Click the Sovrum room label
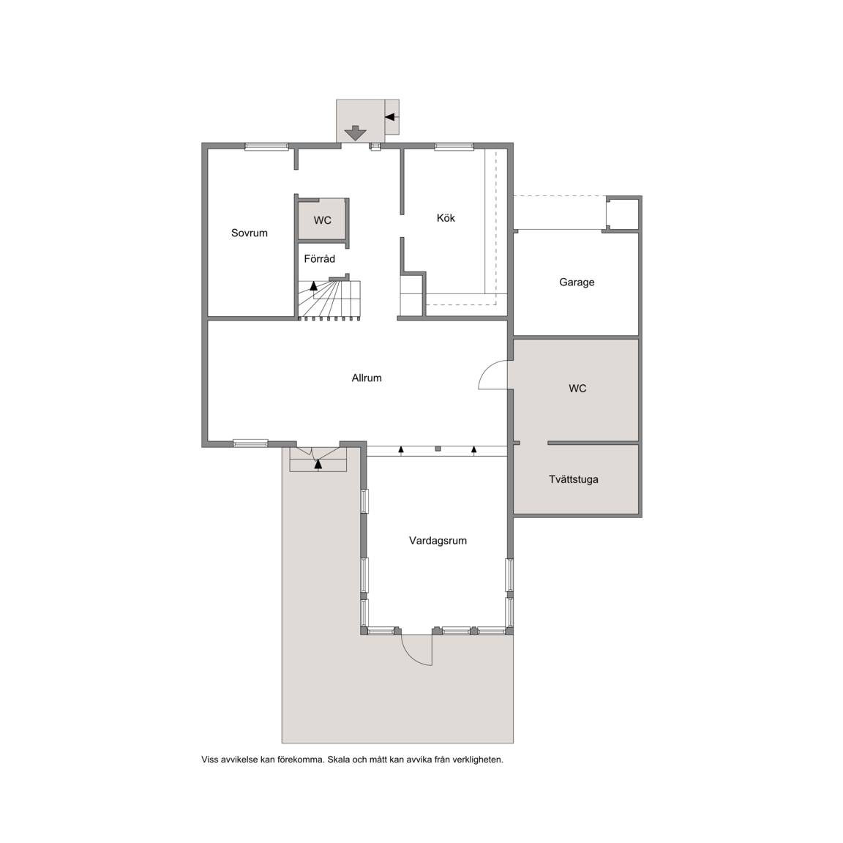coord(250,233)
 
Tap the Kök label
coord(446,218)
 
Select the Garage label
coord(577,282)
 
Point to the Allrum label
coord(367,378)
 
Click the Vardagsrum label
coord(438,541)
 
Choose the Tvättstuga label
coord(574,479)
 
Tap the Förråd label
coord(319,258)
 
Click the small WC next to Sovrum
coord(323,220)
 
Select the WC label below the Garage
coord(577,388)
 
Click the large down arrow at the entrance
coord(355,132)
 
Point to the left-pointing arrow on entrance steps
coord(390,116)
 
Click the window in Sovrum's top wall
coord(266,146)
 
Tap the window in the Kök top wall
coord(454,146)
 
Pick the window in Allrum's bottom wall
coord(250,443)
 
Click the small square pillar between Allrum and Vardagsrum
coord(438,449)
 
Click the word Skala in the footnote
coord(339,760)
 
